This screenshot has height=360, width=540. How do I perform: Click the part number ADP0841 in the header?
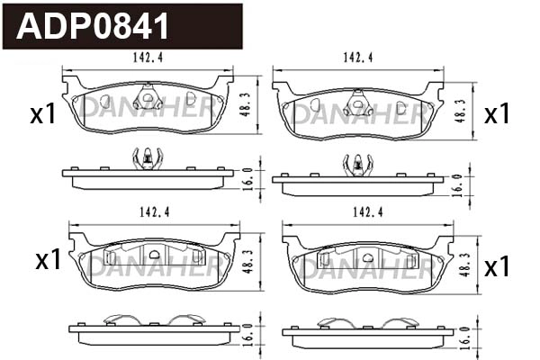(x=93, y=26)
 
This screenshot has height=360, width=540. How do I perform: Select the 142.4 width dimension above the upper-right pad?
(x=357, y=59)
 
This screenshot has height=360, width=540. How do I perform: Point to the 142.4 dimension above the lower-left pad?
(x=155, y=212)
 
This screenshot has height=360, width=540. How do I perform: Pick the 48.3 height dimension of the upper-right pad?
(x=460, y=110)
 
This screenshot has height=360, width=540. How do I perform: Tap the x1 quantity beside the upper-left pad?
(x=42, y=114)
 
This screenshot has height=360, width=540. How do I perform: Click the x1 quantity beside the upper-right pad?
(x=497, y=114)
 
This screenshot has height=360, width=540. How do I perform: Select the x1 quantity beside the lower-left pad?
(x=47, y=261)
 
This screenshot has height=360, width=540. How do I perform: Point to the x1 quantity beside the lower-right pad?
(x=497, y=267)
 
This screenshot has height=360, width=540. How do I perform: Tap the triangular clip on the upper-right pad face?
(x=357, y=104)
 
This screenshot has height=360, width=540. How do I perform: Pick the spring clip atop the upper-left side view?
(x=146, y=159)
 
